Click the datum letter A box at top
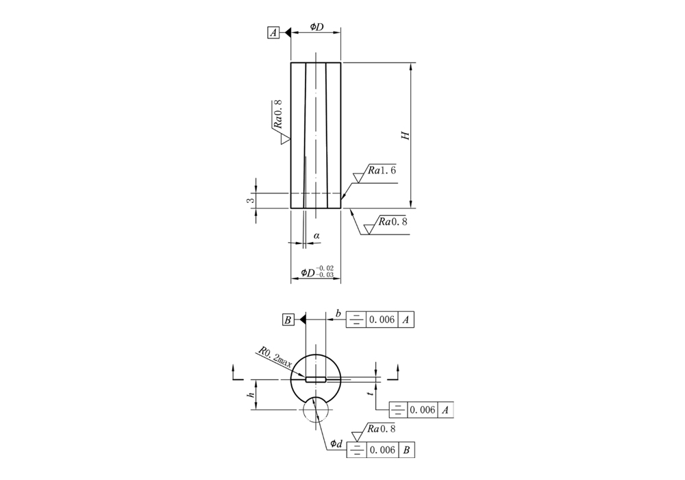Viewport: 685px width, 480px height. tap(273, 33)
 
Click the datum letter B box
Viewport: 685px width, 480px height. tap(288, 320)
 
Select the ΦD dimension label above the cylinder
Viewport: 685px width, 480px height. tap(316, 27)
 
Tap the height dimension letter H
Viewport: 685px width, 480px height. tap(406, 135)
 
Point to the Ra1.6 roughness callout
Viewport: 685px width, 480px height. tap(382, 170)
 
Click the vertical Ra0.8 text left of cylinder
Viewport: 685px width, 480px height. tap(277, 114)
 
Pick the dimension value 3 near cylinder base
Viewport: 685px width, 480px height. tap(250, 200)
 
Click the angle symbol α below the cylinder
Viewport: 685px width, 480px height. tap(316, 236)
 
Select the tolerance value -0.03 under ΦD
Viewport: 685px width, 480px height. tap(325, 275)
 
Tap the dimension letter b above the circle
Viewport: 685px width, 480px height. tap(338, 313)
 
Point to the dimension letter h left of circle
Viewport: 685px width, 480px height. tap(251, 395)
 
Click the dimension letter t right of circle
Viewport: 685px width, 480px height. tap(371, 394)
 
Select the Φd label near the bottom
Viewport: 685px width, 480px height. tap(336, 444)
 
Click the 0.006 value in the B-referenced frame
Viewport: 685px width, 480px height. tap(382, 450)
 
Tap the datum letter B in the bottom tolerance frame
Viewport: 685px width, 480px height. tap(406, 450)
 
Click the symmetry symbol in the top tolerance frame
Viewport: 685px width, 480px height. tap(356, 320)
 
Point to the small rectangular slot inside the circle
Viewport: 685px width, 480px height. tap(316, 379)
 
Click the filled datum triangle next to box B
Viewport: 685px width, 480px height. tap(302, 320)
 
